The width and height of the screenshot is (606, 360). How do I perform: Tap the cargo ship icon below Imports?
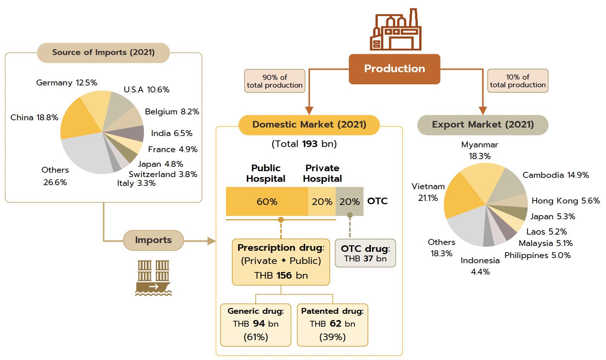153,278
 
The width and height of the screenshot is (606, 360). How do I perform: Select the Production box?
394,69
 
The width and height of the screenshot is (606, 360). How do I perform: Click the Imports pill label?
153,240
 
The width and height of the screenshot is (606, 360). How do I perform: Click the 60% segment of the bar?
267,202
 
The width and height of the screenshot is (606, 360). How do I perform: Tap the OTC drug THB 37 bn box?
365,253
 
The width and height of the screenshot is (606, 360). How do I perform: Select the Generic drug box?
256,324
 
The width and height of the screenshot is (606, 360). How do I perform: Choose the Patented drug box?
332,324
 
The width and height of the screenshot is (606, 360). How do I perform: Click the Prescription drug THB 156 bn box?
281,262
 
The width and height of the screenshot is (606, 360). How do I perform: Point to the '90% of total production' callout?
275,81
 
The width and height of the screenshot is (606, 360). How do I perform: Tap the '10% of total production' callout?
518,81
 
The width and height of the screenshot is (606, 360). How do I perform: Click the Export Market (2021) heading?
483,125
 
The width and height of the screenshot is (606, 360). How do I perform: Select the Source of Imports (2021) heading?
103,52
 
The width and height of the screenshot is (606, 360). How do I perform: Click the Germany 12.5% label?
67,83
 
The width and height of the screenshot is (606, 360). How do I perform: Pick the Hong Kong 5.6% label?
566,201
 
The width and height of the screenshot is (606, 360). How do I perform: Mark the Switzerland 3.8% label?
163,175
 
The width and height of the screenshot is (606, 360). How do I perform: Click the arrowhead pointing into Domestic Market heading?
309,111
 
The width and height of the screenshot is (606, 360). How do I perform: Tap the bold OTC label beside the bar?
377,201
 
